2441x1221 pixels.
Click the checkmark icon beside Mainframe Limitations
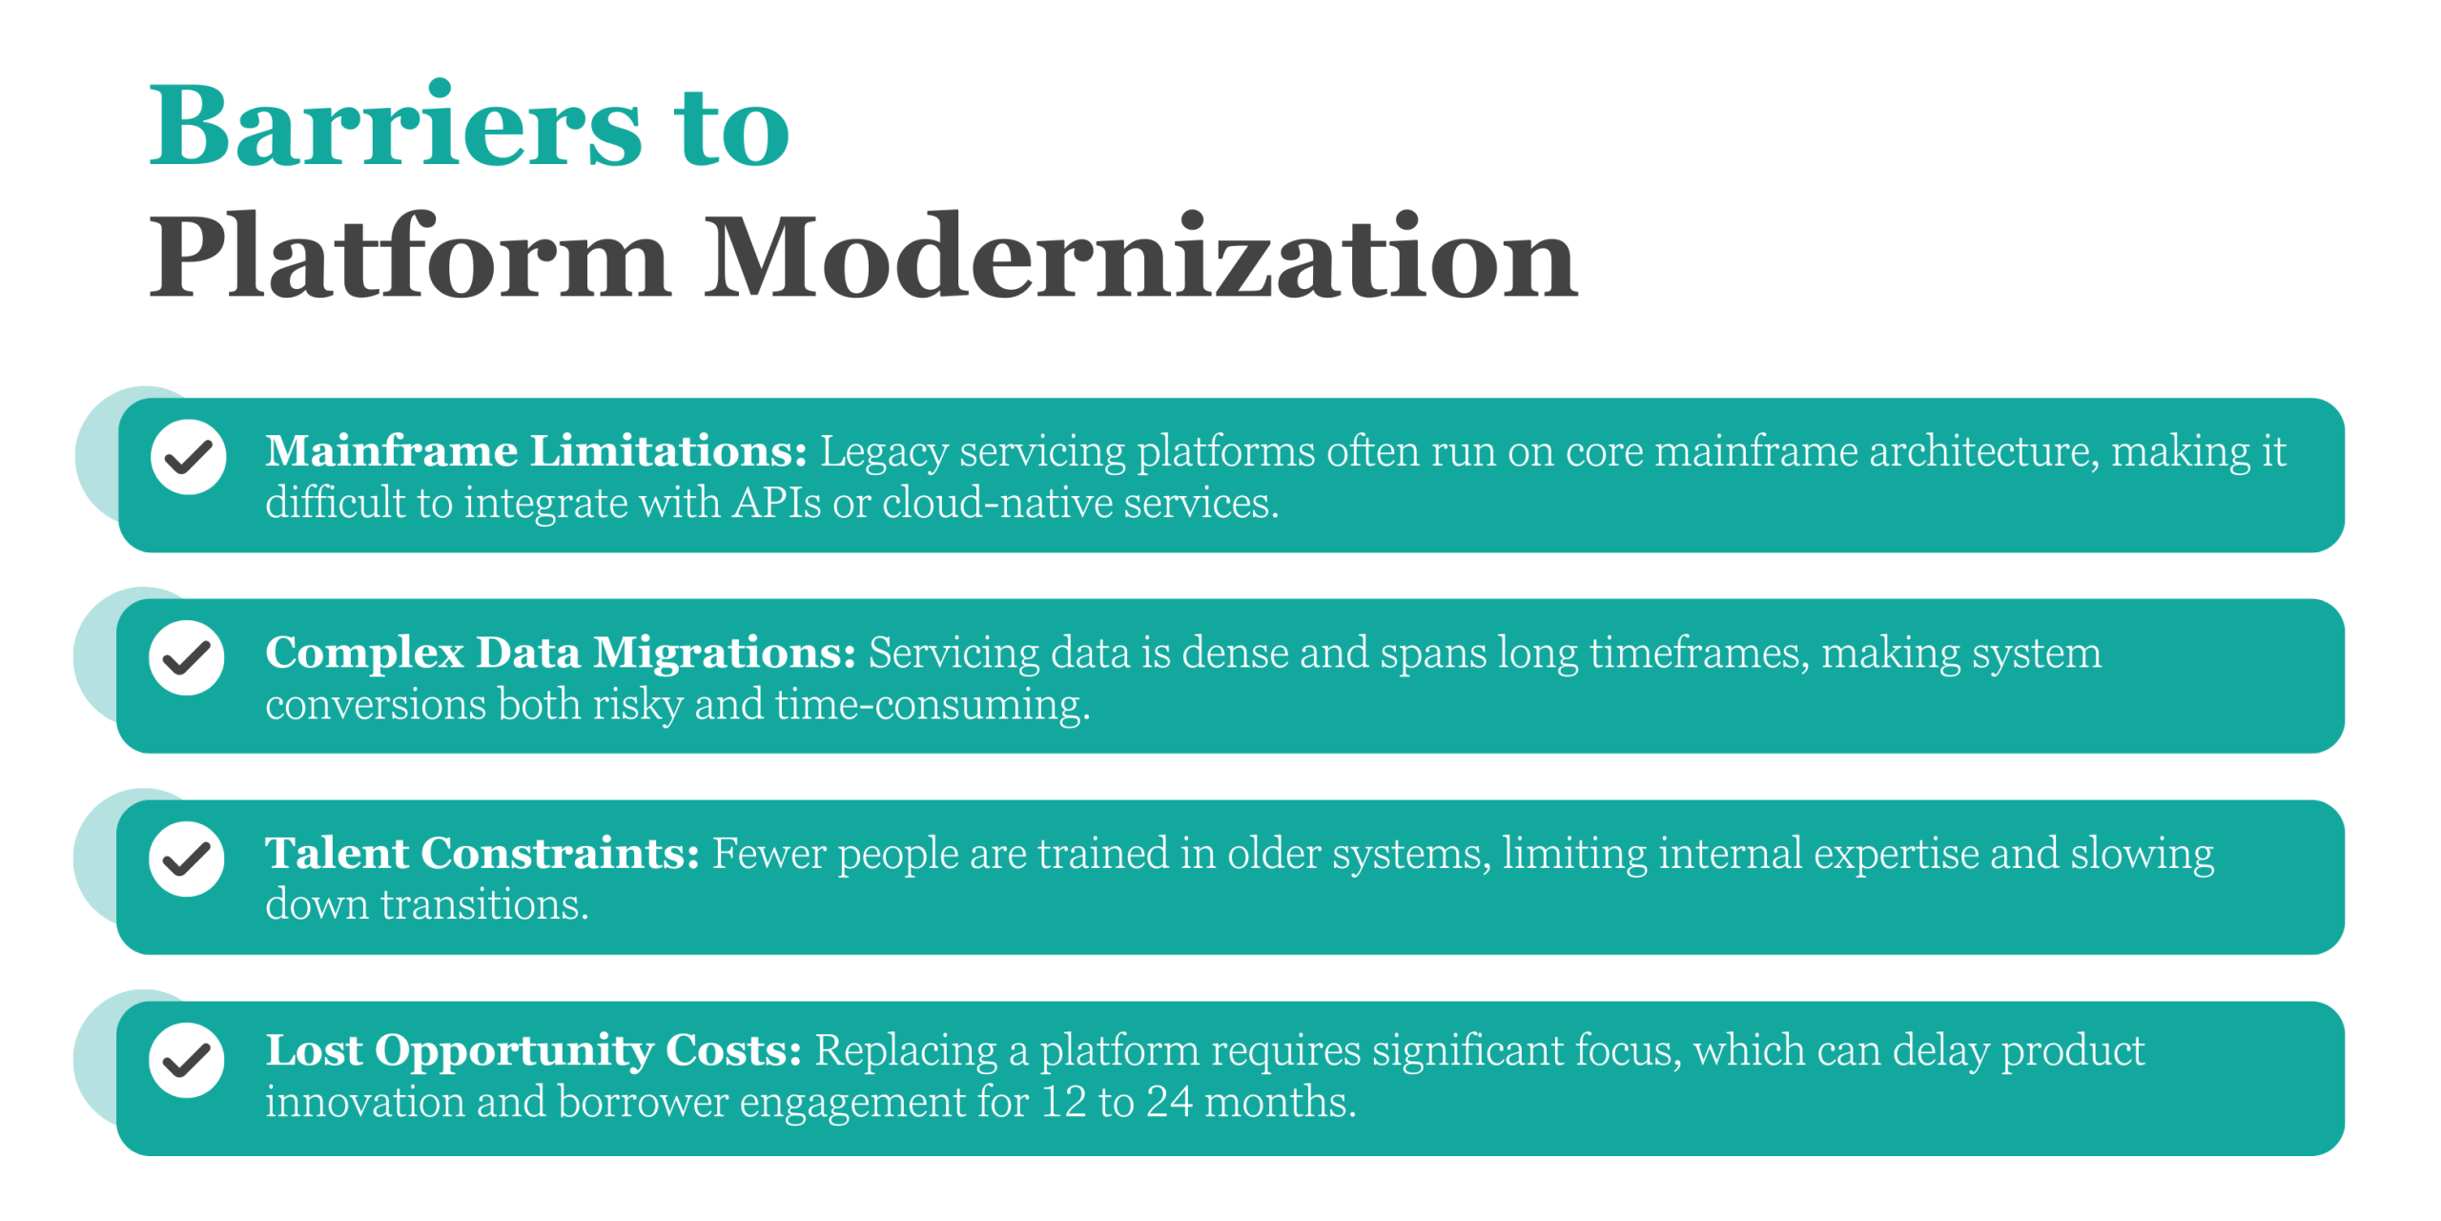(x=188, y=457)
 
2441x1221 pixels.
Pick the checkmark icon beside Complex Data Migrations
(x=187, y=657)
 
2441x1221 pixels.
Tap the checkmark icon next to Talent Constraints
(x=187, y=859)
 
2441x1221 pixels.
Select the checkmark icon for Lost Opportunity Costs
(x=187, y=1060)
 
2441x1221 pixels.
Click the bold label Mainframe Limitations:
(x=536, y=450)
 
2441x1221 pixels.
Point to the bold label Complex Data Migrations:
(x=561, y=653)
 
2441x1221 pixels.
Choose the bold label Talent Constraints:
(x=482, y=853)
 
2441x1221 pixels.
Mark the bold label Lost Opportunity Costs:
(x=534, y=1051)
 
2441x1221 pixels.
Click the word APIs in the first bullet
(x=776, y=503)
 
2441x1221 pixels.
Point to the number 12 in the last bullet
(x=1063, y=1102)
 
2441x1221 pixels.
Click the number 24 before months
(x=1169, y=1102)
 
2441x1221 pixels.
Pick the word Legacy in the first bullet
(x=884, y=452)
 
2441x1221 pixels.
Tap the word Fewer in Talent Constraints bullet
(x=769, y=853)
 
